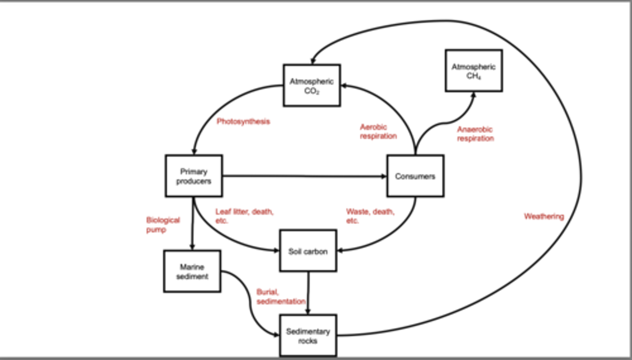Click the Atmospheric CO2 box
point(312,86)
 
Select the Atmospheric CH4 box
point(474,71)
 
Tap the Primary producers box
point(194,176)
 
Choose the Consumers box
point(415,176)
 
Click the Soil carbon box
point(308,251)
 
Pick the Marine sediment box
point(192,271)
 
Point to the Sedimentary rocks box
point(308,336)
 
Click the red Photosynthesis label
point(243,122)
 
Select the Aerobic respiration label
point(378,131)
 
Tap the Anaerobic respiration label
point(475,134)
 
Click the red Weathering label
point(543,216)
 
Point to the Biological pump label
point(163,224)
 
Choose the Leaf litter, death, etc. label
point(244,216)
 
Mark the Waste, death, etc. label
point(370,216)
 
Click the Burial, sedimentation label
point(281,297)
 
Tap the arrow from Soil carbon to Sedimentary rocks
point(308,292)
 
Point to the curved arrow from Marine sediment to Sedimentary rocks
point(250,303)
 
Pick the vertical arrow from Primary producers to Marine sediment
point(193,224)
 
